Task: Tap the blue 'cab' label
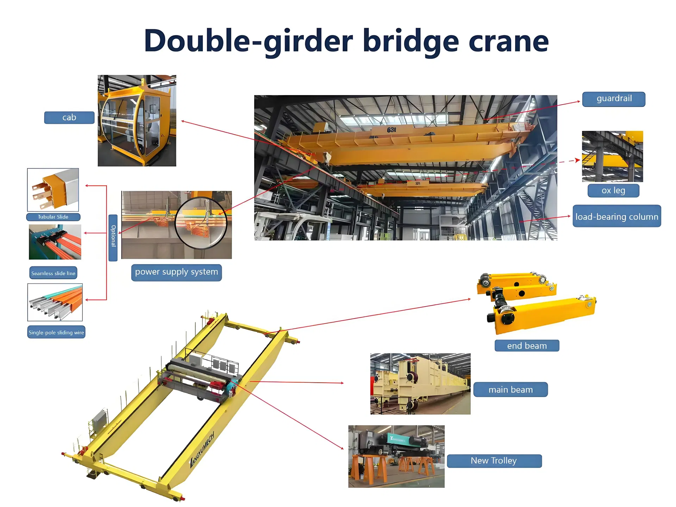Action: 69,118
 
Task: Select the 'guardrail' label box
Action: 614,99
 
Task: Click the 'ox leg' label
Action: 613,190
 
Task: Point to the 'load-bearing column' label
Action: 616,216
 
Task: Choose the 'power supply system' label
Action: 176,272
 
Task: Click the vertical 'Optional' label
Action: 113,238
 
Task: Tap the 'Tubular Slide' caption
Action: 53,217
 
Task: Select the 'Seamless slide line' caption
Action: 53,273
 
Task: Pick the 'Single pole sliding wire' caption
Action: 56,332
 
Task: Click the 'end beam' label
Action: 527,346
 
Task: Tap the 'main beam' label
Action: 511,390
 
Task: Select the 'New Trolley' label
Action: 494,461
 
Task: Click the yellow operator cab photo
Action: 137,121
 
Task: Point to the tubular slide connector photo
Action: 53,190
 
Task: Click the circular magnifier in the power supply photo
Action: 201,223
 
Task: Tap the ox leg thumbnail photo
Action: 612,156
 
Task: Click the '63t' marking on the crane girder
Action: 392,130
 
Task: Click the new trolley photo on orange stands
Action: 396,456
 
